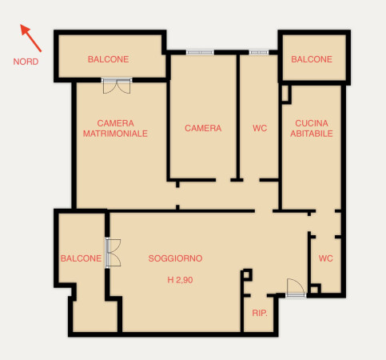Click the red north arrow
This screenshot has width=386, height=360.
click(31, 38)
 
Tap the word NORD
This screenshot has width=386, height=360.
click(26, 62)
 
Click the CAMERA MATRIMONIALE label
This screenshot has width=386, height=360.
click(115, 128)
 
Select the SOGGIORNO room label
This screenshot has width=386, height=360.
click(175, 258)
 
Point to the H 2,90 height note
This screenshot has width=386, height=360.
click(180, 280)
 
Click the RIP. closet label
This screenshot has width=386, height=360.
click(260, 313)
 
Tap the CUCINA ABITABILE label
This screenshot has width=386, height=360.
click(312, 128)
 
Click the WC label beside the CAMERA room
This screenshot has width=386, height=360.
click(260, 128)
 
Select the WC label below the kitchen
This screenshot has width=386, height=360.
click(326, 258)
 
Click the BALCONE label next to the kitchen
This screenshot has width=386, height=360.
click(312, 59)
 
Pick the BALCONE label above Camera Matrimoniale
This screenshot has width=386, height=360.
click(109, 59)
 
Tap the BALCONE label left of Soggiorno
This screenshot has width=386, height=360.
click(81, 258)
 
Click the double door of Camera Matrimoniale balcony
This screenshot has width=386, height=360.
click(117, 86)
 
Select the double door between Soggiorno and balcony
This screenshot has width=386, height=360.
click(113, 253)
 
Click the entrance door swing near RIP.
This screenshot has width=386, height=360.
click(296, 287)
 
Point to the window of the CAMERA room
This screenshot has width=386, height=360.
click(200, 52)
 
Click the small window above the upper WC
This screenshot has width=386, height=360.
click(259, 52)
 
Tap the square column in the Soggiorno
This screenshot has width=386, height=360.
click(247, 275)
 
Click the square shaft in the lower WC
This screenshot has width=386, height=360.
click(315, 290)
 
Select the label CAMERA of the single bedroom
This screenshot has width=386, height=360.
click(203, 128)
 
